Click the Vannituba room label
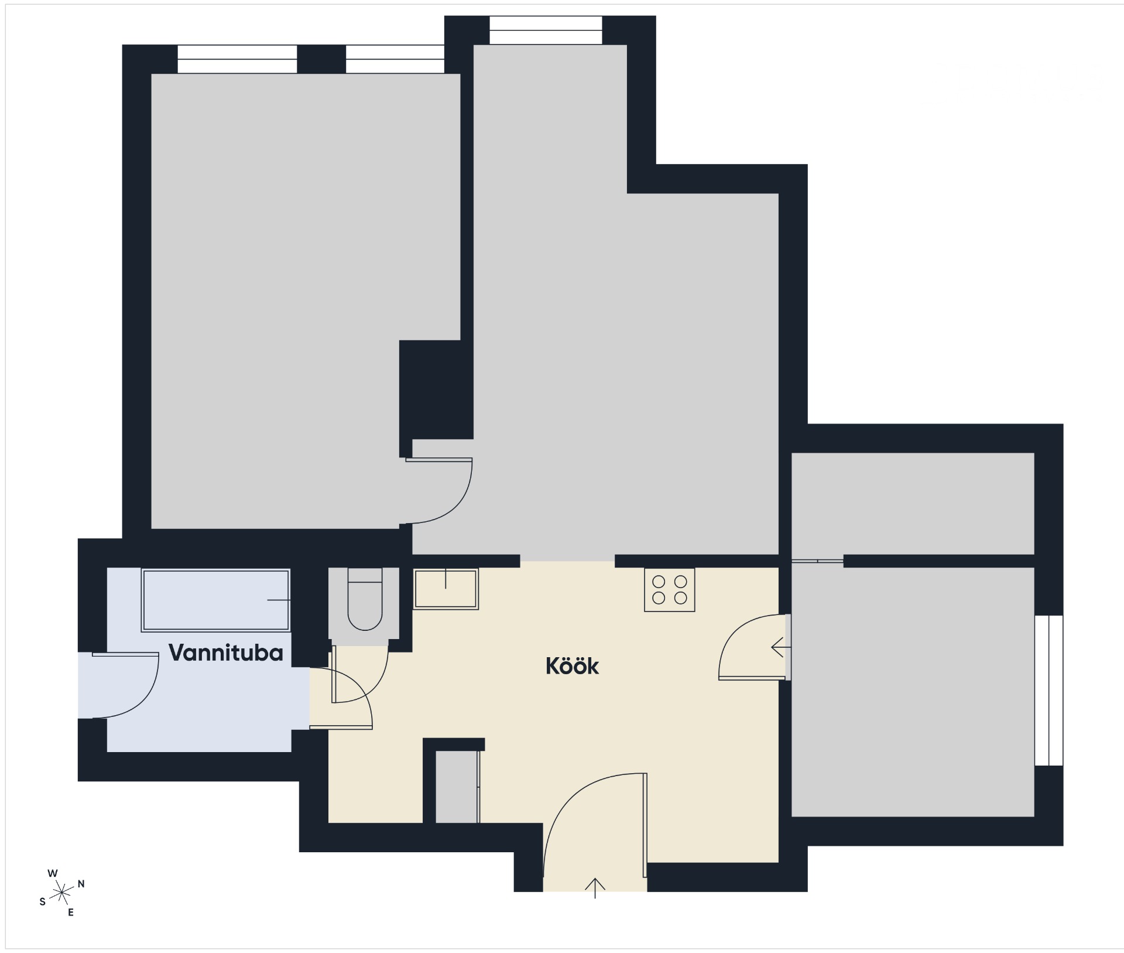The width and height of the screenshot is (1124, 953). point(226,653)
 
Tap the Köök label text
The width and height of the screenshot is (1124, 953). point(572,667)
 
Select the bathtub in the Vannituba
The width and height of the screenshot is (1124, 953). point(216,600)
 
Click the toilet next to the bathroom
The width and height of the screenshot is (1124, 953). point(365,599)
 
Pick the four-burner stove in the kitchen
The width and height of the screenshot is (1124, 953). point(670,590)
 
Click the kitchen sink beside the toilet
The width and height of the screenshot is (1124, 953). point(446,589)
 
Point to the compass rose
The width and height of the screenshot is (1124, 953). point(61,893)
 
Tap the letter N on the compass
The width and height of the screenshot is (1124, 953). point(81,884)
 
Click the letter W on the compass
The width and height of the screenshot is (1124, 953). point(53,873)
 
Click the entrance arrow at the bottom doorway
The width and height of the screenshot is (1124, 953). point(595,888)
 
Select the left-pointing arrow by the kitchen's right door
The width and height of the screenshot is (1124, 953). point(782,647)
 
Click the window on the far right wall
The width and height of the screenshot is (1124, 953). point(1048,690)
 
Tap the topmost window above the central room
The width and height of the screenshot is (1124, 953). point(546,30)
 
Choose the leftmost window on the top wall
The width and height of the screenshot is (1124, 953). point(237,59)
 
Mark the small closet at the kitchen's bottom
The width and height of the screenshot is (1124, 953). point(457,787)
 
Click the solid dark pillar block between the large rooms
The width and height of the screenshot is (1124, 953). point(436,390)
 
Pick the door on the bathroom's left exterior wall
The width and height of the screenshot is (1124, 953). point(119,685)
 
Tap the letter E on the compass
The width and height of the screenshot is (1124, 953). point(71,913)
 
